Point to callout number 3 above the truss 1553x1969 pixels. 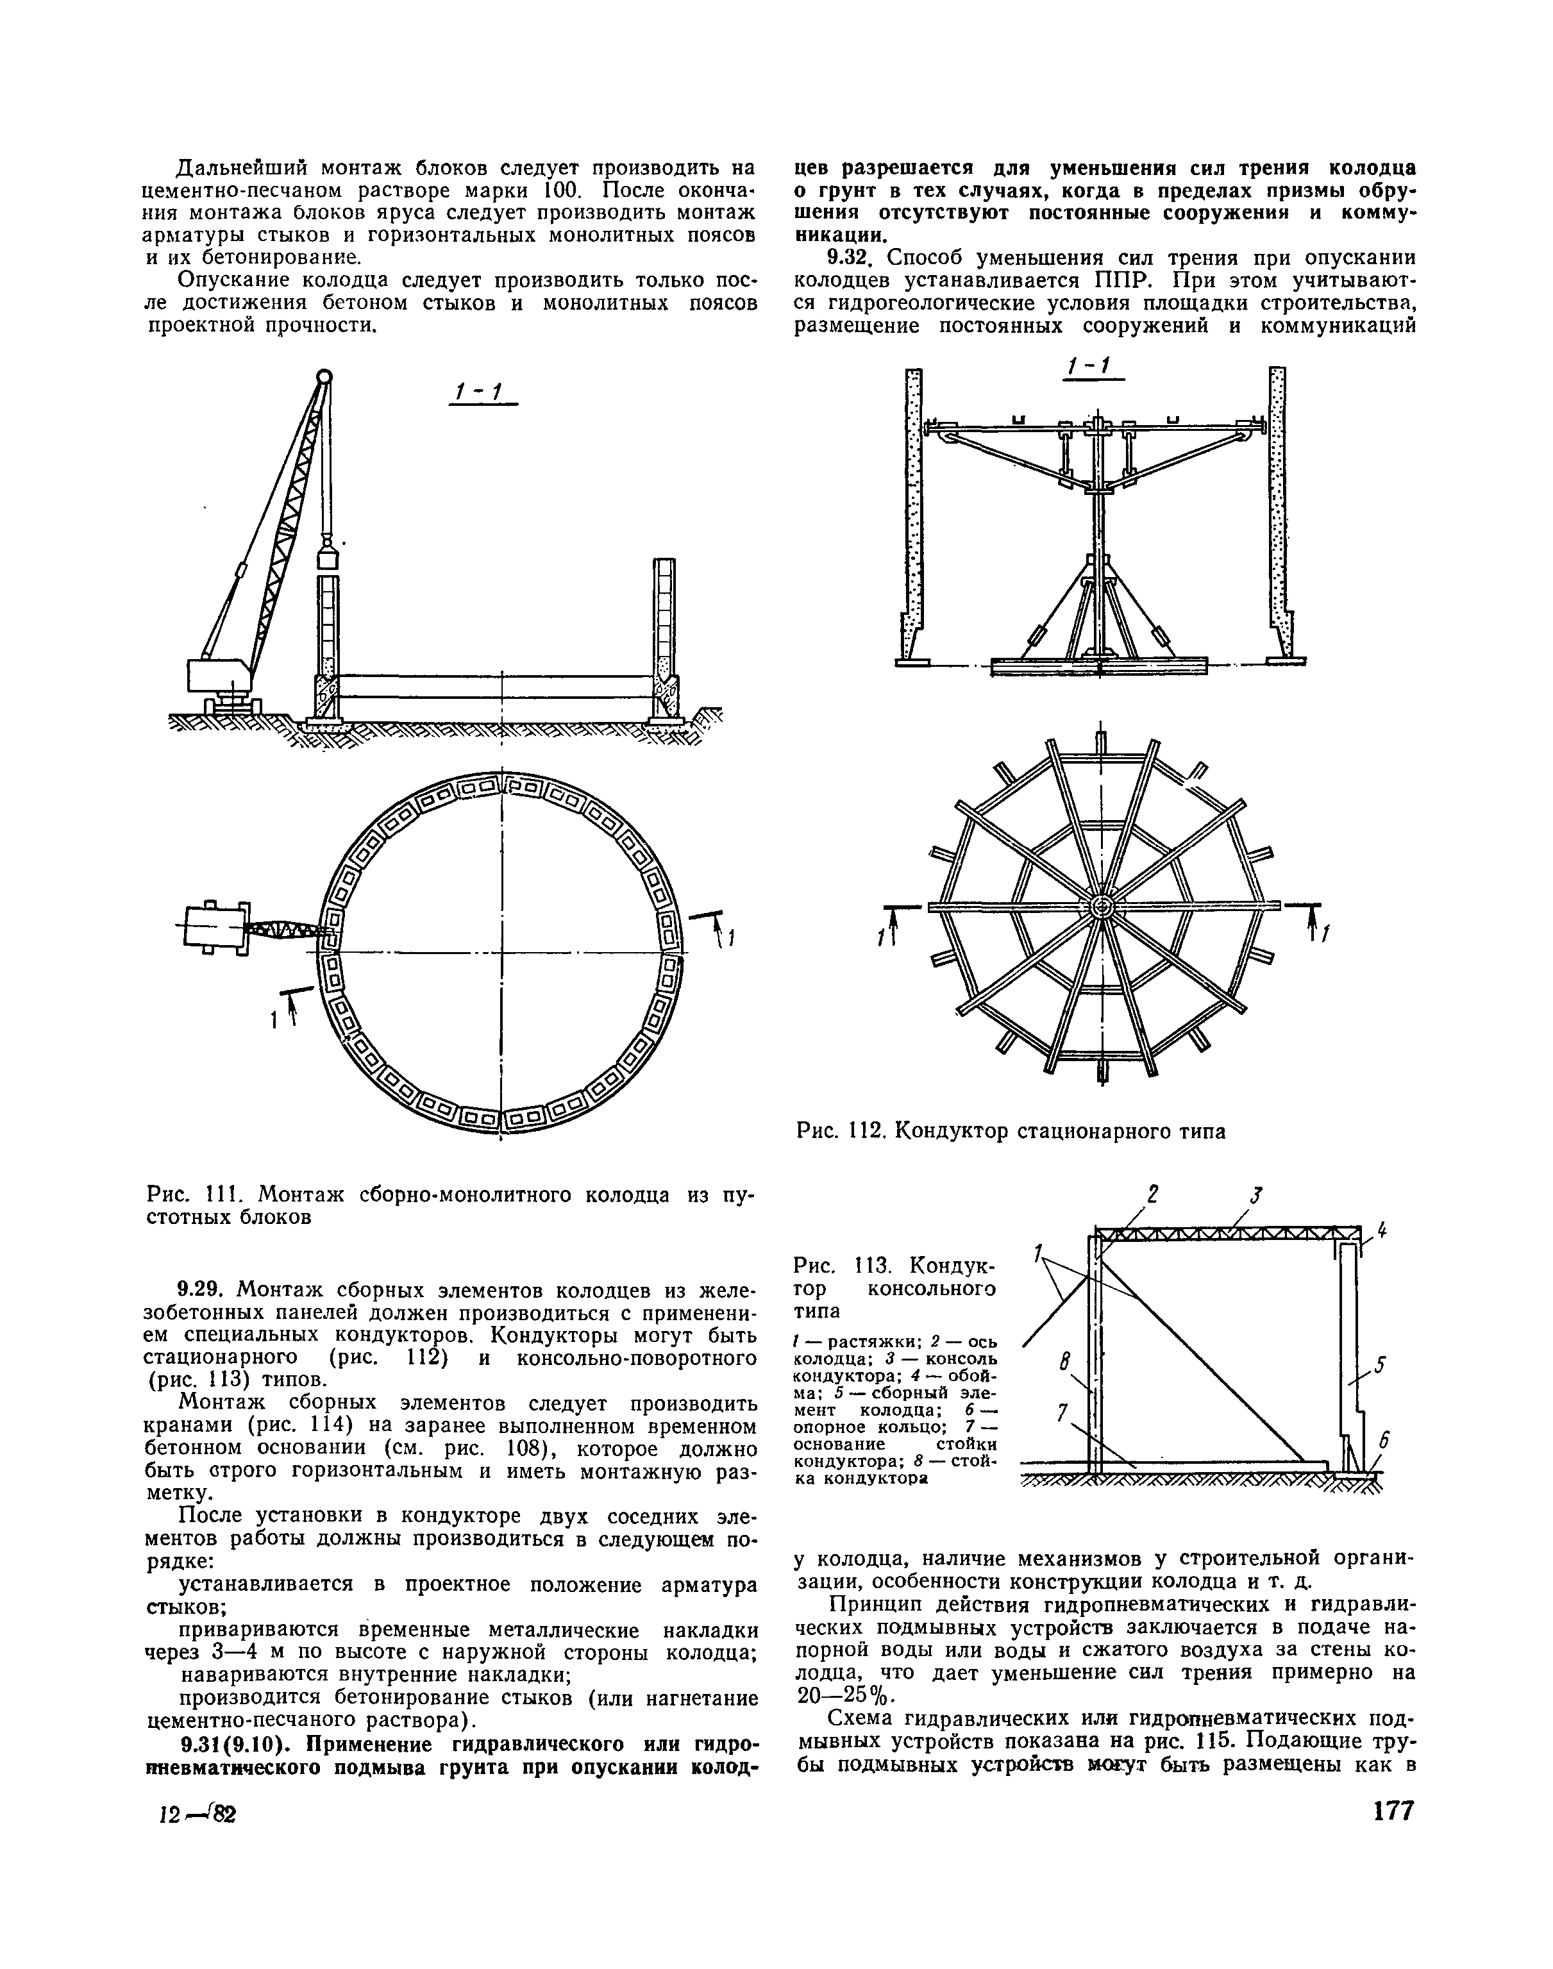click(x=1255, y=1194)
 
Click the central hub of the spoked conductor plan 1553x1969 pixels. click(x=1100, y=908)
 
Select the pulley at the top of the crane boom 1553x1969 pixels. click(x=324, y=376)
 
